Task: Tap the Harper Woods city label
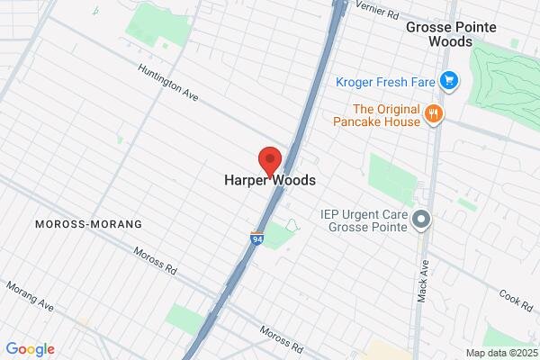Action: (x=270, y=180)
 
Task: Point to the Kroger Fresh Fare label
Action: (x=385, y=82)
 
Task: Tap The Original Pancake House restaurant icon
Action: (x=435, y=113)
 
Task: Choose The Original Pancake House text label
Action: (x=376, y=113)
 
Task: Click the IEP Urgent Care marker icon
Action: (x=420, y=219)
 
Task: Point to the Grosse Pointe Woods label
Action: (x=445, y=33)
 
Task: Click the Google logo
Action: (x=30, y=349)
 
